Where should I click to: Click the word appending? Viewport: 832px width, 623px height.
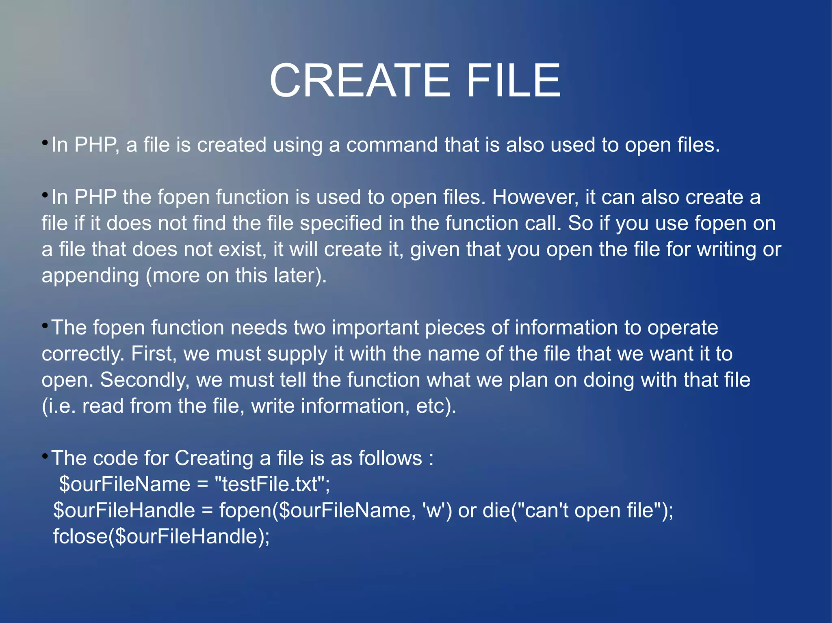tap(90, 276)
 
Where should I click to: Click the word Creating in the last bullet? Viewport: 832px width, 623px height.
tap(214, 459)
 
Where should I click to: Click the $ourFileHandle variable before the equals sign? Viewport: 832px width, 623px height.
tap(124, 511)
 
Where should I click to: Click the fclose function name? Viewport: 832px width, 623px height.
tap(80, 537)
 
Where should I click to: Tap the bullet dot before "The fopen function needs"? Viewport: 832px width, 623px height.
tap(45, 325)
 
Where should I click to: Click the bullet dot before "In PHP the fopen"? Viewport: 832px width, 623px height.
tap(45, 195)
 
